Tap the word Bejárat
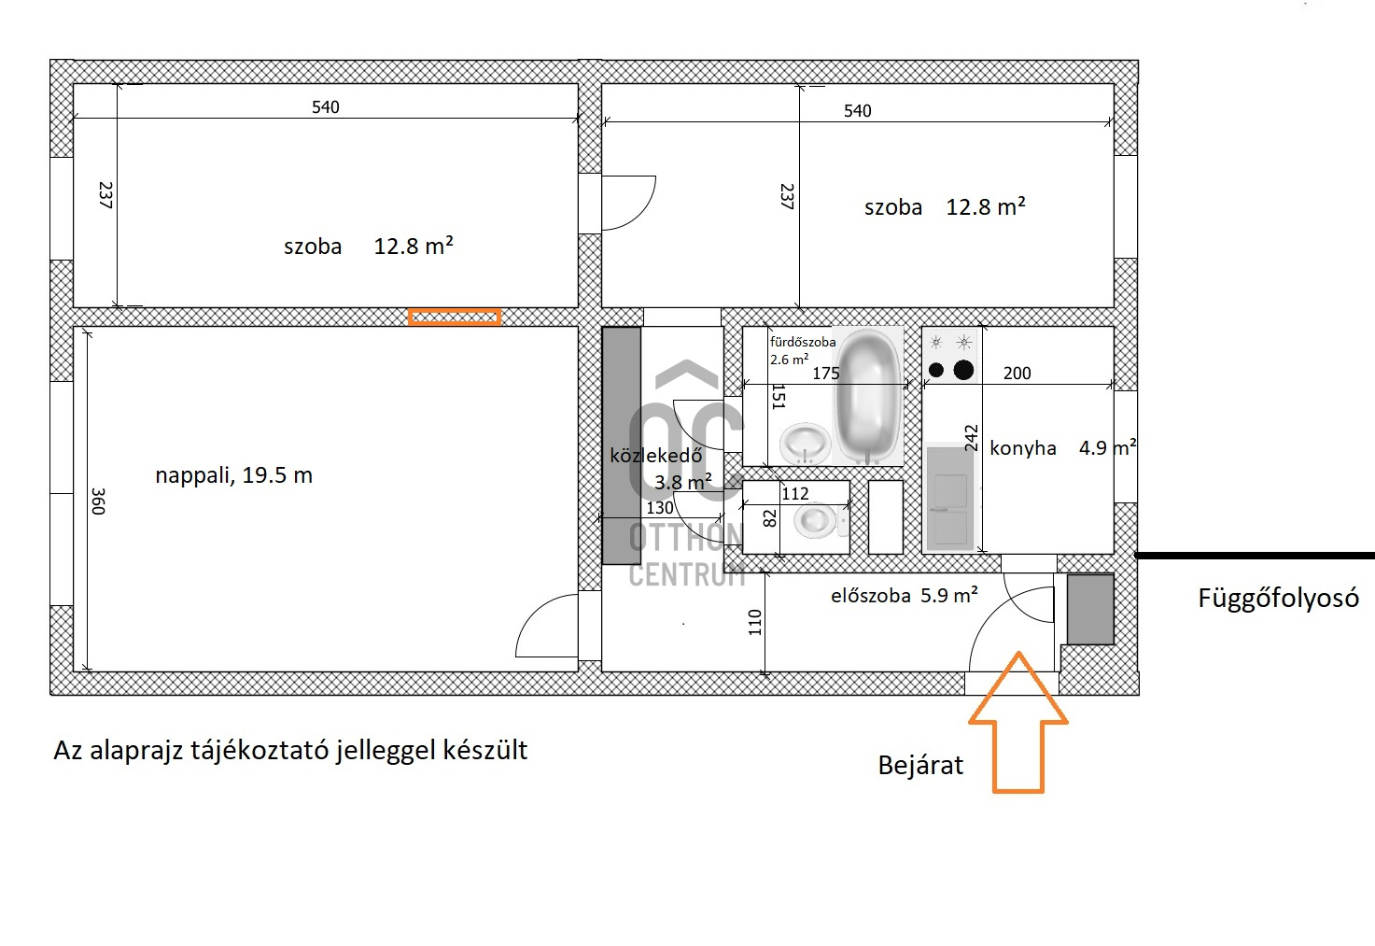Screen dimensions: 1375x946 (x=920, y=766)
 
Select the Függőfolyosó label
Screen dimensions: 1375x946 (x=1279, y=599)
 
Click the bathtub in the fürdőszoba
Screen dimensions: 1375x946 (x=867, y=396)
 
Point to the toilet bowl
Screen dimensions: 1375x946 (x=815, y=519)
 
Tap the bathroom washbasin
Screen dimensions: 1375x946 (x=806, y=443)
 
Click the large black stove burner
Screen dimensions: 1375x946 (x=963, y=370)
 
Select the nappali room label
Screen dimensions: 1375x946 (x=234, y=475)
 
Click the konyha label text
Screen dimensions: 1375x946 (x=1023, y=448)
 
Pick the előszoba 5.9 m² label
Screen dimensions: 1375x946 (x=905, y=595)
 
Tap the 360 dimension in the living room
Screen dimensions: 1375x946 (x=99, y=501)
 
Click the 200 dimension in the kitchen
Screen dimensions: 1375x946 (x=1017, y=373)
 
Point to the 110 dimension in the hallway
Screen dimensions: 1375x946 (x=755, y=622)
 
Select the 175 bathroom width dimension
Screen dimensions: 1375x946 (x=825, y=373)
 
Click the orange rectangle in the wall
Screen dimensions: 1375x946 (x=455, y=317)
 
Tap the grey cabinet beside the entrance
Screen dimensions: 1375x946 (x=1090, y=610)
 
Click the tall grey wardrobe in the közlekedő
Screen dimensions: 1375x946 (x=621, y=446)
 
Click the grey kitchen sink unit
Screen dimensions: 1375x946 (x=950, y=498)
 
